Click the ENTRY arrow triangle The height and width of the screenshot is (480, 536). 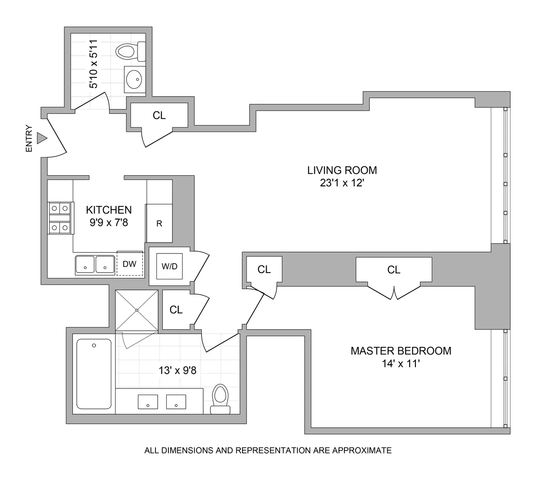click(42, 138)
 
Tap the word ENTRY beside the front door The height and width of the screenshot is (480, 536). click(29, 138)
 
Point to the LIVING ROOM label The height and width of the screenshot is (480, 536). click(342, 170)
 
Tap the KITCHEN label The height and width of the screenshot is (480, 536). click(109, 210)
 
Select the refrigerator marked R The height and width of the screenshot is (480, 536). click(159, 223)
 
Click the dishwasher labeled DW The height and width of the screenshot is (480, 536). click(130, 264)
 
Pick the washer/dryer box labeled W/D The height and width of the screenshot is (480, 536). click(169, 266)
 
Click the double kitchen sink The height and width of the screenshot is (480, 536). click(95, 265)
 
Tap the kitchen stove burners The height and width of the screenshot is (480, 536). click(60, 218)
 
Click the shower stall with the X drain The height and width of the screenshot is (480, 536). click(137, 310)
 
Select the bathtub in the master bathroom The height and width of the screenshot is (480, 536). click(94, 373)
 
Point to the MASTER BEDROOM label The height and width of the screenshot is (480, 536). click(401, 351)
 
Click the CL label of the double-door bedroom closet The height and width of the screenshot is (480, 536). click(394, 269)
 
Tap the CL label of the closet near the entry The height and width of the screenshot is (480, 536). click(159, 115)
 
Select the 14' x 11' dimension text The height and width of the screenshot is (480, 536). click(399, 364)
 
